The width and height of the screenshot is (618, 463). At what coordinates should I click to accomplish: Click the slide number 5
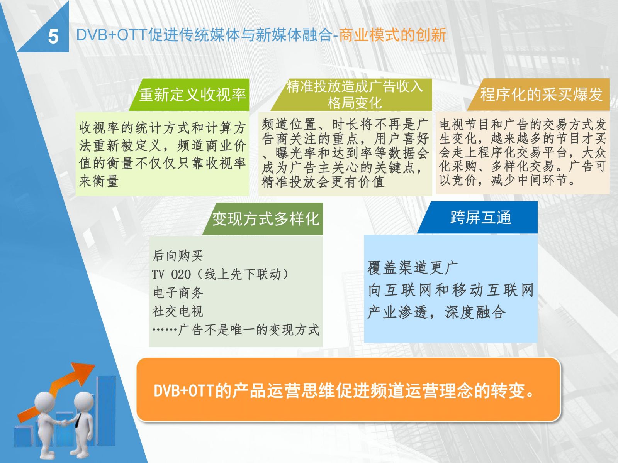click(53, 37)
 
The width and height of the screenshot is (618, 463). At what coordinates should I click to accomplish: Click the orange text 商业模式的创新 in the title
click(392, 35)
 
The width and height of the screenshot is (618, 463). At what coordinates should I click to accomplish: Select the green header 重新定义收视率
click(193, 95)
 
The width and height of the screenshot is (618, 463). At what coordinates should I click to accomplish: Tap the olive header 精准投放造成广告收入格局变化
click(355, 95)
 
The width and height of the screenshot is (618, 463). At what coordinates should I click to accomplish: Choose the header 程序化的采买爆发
click(541, 95)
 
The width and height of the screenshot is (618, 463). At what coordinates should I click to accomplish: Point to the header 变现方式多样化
click(266, 219)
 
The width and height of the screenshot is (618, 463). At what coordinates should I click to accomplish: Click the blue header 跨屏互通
click(480, 217)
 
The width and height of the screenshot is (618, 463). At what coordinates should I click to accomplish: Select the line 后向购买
click(177, 256)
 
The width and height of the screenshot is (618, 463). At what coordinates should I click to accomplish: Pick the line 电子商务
click(178, 293)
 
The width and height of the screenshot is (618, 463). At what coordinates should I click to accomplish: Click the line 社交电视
click(178, 311)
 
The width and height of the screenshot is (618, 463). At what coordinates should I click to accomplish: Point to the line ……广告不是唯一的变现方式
click(236, 330)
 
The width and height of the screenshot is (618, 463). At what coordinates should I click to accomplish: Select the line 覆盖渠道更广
click(413, 268)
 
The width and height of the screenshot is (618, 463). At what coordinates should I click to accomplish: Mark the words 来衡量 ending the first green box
click(98, 181)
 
